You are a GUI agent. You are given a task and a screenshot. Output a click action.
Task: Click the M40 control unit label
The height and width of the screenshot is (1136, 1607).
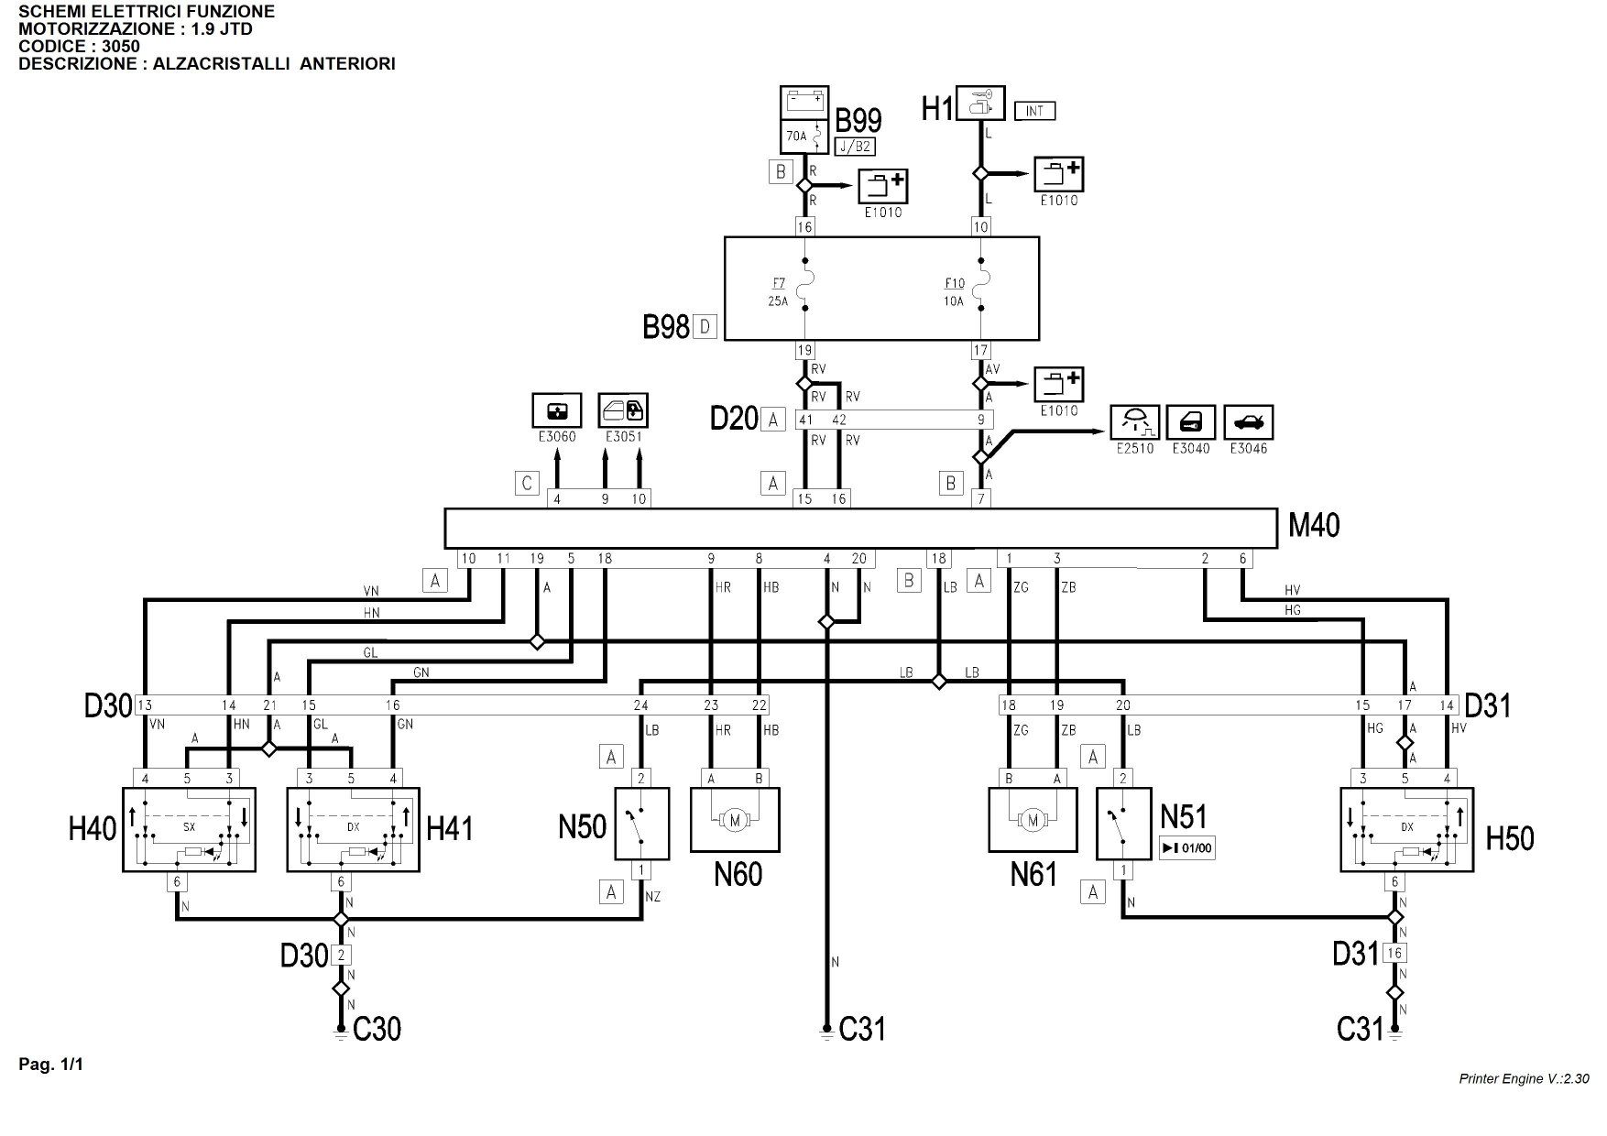click(x=1314, y=525)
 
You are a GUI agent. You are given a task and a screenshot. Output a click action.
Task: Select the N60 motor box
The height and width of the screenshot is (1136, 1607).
click(x=734, y=819)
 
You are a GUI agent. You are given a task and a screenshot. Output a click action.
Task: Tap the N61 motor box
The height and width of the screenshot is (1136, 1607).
click(x=1033, y=819)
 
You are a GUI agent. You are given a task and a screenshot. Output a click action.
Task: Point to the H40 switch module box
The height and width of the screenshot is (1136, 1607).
click(x=189, y=829)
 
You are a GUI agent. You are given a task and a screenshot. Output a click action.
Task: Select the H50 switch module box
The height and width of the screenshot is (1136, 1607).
click(x=1406, y=829)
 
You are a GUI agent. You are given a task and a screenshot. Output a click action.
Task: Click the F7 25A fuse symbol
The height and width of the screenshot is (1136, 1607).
click(x=803, y=289)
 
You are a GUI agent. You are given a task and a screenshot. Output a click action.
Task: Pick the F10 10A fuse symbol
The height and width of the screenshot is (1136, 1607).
click(x=980, y=289)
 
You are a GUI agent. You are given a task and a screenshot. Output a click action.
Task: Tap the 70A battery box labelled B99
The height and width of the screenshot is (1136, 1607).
click(x=803, y=119)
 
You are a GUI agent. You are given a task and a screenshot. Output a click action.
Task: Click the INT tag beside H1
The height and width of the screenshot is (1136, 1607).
click(x=1035, y=111)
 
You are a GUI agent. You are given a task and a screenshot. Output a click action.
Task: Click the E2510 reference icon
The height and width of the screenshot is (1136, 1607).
click(x=1135, y=422)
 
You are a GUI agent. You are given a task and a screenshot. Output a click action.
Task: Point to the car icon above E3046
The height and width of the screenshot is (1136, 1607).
click(x=1248, y=422)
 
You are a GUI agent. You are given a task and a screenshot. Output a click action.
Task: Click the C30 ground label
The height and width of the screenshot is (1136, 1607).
click(x=377, y=1030)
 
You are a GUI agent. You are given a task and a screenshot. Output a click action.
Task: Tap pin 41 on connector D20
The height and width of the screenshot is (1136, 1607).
click(x=805, y=420)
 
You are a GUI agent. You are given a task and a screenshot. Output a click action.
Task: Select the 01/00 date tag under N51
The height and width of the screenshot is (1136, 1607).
click(x=1187, y=847)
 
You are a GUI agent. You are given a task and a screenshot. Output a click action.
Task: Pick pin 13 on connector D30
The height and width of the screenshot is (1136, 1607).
click(x=145, y=705)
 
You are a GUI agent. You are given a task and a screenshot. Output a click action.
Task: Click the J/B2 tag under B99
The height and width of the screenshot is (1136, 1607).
click(x=854, y=147)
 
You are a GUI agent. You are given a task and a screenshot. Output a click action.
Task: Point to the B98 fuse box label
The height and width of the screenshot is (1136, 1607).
click(x=666, y=327)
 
